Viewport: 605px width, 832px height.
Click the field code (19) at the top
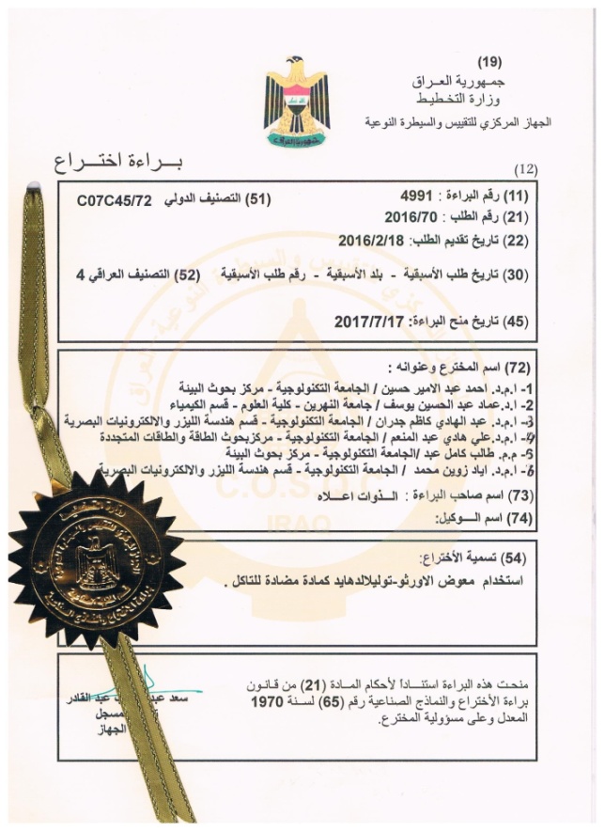click(x=489, y=63)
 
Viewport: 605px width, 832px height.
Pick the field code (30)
click(x=517, y=275)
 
